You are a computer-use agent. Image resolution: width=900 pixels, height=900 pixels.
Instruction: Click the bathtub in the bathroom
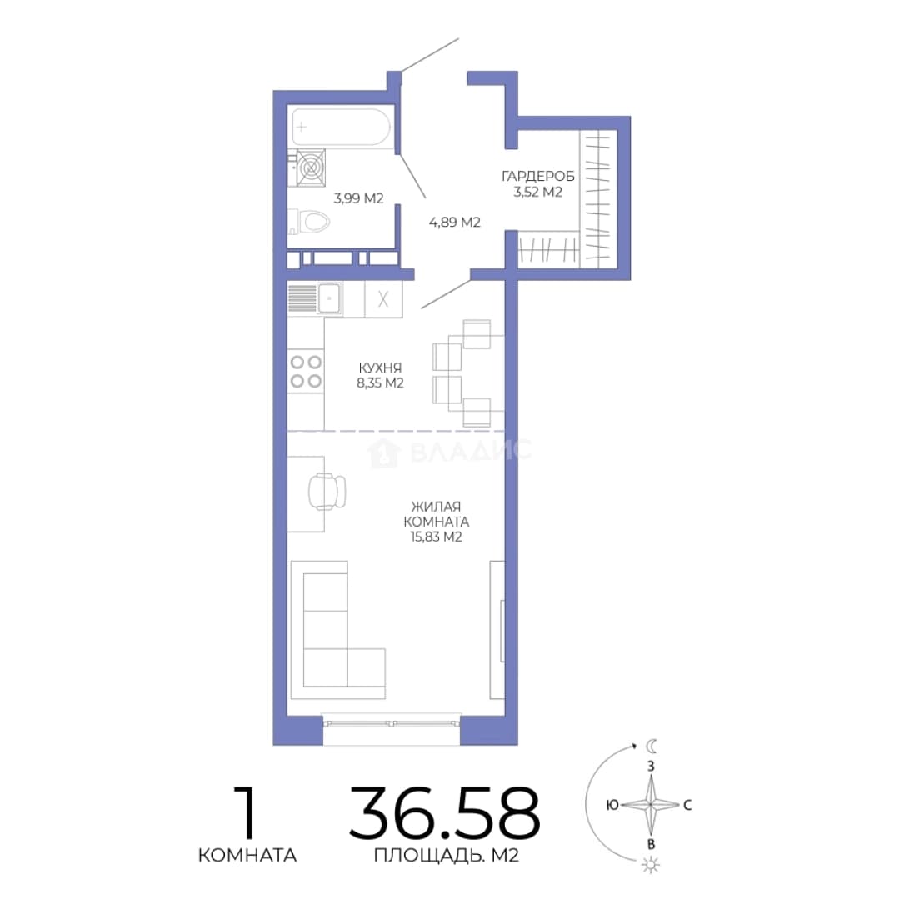(x=341, y=127)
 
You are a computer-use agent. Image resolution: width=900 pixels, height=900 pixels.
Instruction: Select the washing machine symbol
(x=311, y=167)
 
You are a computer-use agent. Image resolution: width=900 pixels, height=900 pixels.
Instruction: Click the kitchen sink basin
(x=329, y=298)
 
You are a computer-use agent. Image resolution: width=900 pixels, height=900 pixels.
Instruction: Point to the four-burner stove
(x=305, y=372)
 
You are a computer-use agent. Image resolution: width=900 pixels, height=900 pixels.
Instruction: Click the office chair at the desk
(x=327, y=491)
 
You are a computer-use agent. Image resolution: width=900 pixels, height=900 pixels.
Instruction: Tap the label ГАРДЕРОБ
(x=537, y=176)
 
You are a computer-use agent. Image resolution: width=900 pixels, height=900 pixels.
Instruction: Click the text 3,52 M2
(x=537, y=192)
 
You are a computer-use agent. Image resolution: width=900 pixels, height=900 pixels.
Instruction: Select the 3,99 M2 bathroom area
(x=358, y=198)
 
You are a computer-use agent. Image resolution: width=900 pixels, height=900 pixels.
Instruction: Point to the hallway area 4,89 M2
(x=455, y=222)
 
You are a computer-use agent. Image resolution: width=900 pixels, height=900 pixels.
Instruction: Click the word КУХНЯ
(x=380, y=367)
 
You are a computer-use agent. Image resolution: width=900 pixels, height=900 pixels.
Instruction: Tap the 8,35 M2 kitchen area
(x=380, y=382)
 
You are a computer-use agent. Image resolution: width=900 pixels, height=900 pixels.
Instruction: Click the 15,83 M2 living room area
(x=436, y=537)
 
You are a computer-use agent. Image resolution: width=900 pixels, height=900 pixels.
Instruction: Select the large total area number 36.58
(x=445, y=812)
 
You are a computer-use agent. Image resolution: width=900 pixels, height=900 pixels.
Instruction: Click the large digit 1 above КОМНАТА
(x=246, y=812)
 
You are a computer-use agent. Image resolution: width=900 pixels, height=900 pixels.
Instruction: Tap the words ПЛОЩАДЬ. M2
(x=447, y=856)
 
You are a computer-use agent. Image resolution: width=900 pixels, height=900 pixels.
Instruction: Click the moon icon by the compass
(x=652, y=746)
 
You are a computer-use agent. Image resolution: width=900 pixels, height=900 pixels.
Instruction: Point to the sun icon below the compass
(x=651, y=864)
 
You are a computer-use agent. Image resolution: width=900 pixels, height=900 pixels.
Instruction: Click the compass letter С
(x=687, y=805)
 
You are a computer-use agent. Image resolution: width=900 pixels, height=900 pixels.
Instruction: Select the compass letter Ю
(x=612, y=805)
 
